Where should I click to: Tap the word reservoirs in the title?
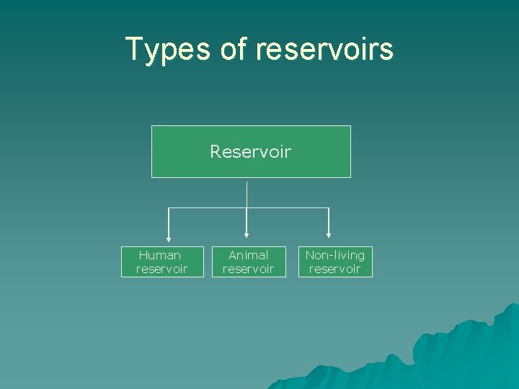coord(324,49)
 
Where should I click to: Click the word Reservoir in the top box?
coord(251,151)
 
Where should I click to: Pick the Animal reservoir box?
coord(248,261)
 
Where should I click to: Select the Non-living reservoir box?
coord(335,261)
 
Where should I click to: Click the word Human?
coord(160,255)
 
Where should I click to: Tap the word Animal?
coord(248,255)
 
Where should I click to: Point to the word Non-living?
coord(335,255)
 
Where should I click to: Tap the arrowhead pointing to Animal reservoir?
coord(247,233)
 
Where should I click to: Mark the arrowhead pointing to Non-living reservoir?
coord(329,233)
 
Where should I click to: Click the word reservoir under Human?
coord(161,269)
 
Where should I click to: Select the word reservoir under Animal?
coord(248,269)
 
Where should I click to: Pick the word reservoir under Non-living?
coord(335,269)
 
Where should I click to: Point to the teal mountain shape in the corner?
coord(461,353)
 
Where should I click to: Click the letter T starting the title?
coord(133,48)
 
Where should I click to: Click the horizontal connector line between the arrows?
coord(209,207)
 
